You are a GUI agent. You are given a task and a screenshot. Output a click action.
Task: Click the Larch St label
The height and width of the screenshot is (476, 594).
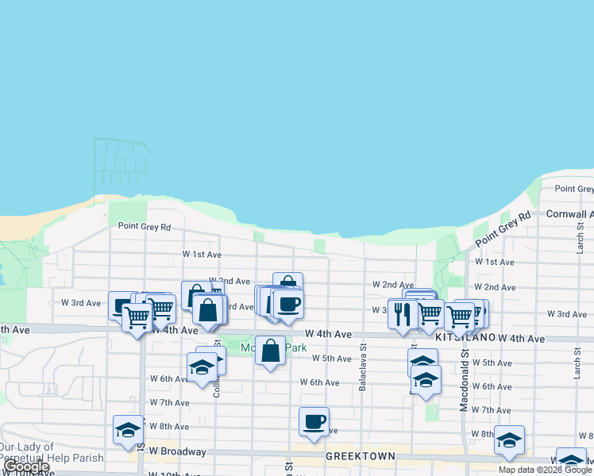click(577, 235)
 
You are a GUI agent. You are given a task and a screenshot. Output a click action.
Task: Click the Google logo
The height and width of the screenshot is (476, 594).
click(27, 467)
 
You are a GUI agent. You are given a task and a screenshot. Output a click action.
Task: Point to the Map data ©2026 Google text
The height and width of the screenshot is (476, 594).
click(545, 470)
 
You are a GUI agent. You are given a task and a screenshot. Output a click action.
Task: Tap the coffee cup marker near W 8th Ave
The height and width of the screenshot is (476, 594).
click(314, 421)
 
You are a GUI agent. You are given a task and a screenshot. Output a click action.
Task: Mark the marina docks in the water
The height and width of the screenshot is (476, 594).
click(121, 159)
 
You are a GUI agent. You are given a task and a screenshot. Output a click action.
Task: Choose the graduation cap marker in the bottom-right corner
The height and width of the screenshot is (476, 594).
click(572, 460)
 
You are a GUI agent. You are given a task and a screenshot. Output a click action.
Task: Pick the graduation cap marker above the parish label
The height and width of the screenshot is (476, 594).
click(128, 429)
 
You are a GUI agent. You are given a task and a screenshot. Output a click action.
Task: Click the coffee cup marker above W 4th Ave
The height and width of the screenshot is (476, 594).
click(287, 304)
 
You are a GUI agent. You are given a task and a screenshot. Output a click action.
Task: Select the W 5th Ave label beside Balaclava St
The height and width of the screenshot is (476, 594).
click(331, 359)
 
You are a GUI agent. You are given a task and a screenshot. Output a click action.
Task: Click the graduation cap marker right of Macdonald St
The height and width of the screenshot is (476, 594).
click(509, 440)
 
